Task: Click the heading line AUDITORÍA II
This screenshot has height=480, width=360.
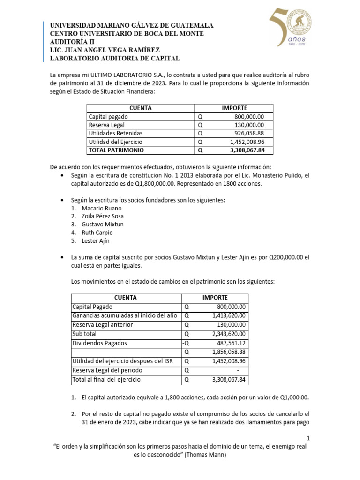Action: pos(73,42)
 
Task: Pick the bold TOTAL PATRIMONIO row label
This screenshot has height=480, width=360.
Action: pos(116,150)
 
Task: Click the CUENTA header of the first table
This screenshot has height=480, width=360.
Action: pos(140,108)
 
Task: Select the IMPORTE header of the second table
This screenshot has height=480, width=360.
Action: pos(215,298)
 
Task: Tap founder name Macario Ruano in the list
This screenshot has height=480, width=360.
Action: pos(101,208)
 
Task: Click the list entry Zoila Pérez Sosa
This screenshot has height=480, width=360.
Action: pos(103,216)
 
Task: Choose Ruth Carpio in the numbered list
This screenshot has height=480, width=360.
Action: pos(97,232)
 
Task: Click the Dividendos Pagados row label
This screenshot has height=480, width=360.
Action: pos(96,343)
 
